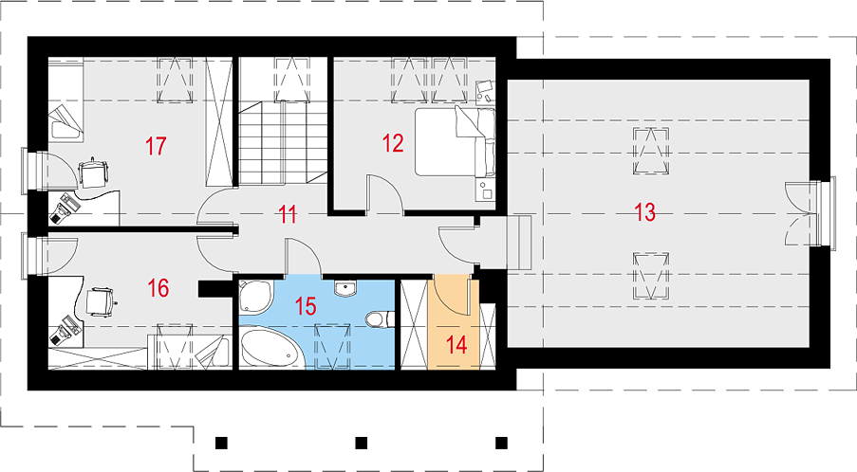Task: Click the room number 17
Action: click(156, 146)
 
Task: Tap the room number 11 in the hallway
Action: click(288, 214)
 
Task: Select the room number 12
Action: click(393, 143)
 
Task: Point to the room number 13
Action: click(645, 211)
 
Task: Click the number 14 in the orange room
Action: click(456, 344)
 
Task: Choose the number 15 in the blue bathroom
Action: click(306, 306)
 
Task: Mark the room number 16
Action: click(158, 287)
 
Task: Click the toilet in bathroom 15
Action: click(380, 318)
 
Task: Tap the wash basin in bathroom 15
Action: click(345, 288)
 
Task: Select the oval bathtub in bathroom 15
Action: click(270, 348)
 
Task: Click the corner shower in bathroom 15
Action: click(254, 297)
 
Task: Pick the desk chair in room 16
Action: click(101, 300)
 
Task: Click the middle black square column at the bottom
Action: click(361, 443)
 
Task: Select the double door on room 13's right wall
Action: click(798, 213)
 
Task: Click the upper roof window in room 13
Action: click(651, 151)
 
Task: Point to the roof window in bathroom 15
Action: click(332, 345)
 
